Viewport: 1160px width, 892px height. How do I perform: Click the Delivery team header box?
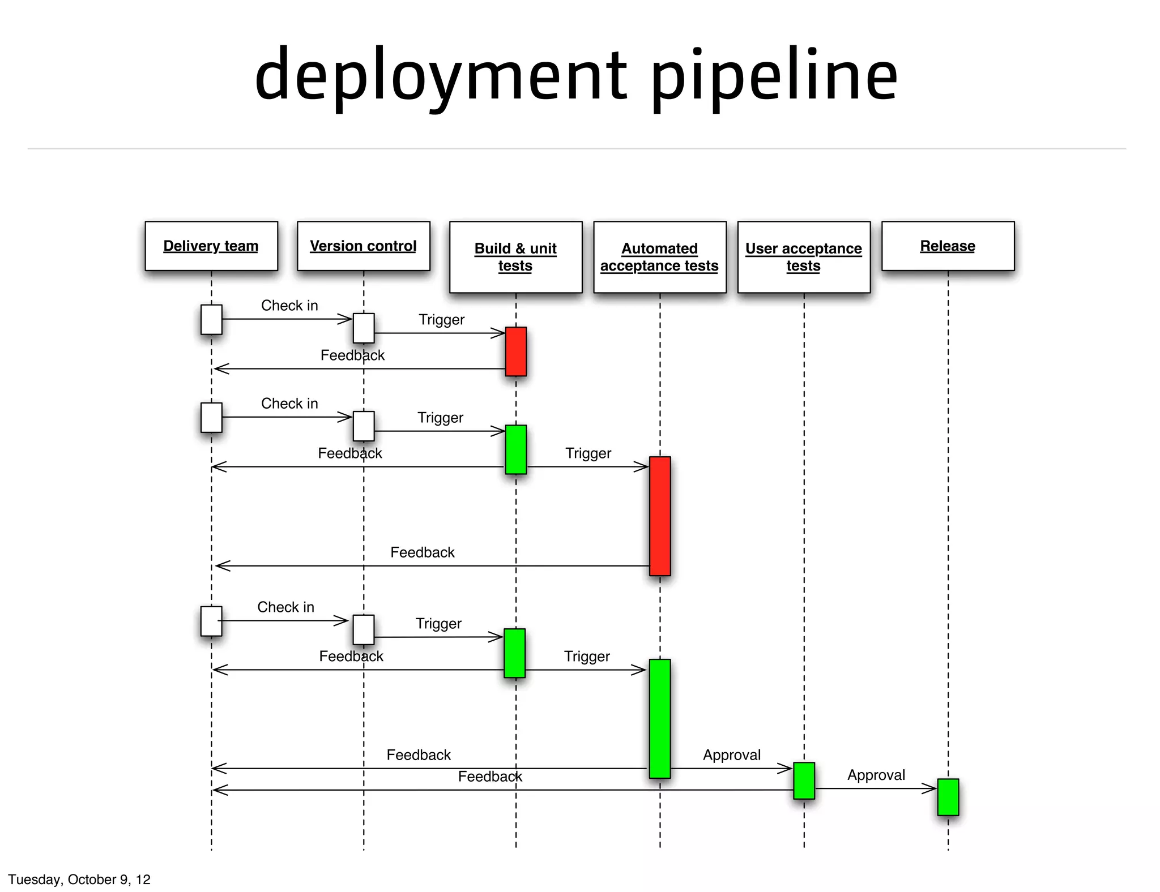coord(211,246)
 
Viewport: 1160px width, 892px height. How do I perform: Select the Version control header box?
coord(363,246)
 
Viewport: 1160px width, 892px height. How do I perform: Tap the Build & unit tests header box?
coord(515,257)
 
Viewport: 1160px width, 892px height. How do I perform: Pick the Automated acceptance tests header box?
coord(659,257)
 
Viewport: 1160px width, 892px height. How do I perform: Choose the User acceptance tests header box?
coord(803,257)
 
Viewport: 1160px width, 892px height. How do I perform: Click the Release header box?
coord(948,246)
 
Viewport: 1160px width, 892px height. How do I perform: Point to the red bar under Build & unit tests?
coord(515,351)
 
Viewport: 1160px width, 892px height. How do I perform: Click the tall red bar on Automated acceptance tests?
coord(660,516)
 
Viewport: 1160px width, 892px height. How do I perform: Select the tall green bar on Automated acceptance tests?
coord(660,718)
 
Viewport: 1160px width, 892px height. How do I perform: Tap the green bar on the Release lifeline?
coord(948,797)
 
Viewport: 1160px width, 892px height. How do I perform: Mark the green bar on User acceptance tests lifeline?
coord(804,780)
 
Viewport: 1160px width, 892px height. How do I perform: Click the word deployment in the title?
coord(441,76)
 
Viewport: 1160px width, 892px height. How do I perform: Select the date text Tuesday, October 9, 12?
coord(79,879)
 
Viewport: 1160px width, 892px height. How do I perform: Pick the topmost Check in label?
coord(289,306)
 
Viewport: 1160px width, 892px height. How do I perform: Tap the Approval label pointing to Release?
coord(876,775)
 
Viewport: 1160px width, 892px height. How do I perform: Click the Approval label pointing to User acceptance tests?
coord(732,755)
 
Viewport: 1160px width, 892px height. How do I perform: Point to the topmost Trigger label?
coord(441,320)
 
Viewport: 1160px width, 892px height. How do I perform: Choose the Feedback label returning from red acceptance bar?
coord(423,552)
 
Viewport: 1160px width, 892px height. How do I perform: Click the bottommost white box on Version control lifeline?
coord(363,629)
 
